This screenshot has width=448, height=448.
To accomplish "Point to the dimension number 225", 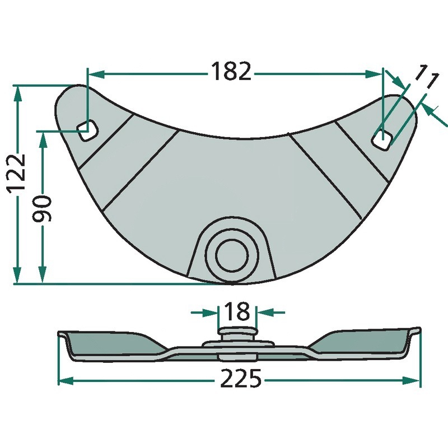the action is pyautogui.click(x=241, y=378).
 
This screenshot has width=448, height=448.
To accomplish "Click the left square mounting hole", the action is pyautogui.click(x=88, y=130).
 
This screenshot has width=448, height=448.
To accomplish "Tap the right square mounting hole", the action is pyautogui.click(x=381, y=139).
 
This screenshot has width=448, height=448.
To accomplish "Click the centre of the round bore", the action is pyautogui.click(x=232, y=255).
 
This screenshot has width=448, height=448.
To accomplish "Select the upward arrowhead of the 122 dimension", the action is pyautogui.click(x=18, y=94).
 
